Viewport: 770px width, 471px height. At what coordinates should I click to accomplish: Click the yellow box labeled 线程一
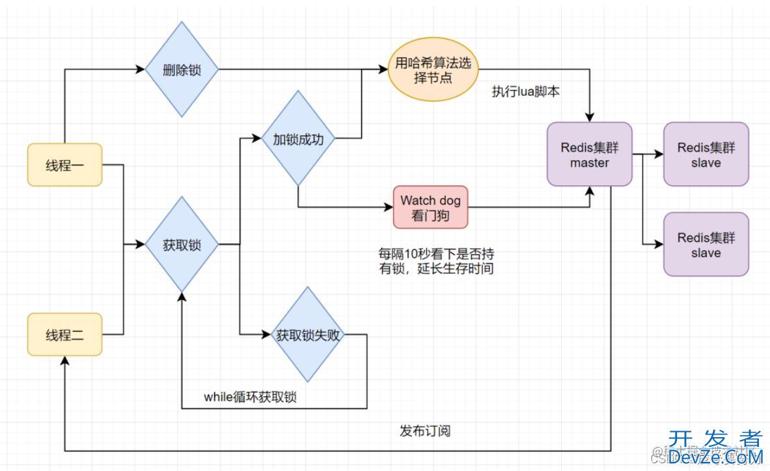coord(64,165)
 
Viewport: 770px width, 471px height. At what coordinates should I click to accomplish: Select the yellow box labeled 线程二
coord(64,335)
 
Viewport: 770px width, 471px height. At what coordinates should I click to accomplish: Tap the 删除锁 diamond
coord(182,70)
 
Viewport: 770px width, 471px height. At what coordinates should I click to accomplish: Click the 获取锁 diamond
coord(182,245)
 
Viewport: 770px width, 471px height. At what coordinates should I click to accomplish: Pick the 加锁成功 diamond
coord(297,139)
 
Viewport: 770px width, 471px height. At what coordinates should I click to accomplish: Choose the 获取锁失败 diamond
coord(307,335)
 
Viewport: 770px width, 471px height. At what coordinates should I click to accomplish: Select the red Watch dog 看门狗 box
coord(430,208)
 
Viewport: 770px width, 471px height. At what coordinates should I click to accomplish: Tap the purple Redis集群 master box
coord(590,155)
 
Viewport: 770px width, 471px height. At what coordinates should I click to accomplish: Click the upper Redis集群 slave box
coord(706,155)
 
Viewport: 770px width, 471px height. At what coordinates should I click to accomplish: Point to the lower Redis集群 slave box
coord(706,245)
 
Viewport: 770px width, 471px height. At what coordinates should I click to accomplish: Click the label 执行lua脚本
coord(525,92)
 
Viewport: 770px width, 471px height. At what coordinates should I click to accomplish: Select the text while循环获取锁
coord(250,397)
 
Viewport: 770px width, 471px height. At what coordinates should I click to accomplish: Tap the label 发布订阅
coord(425,431)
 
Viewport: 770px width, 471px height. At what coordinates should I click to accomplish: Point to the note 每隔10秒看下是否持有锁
coord(436,260)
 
